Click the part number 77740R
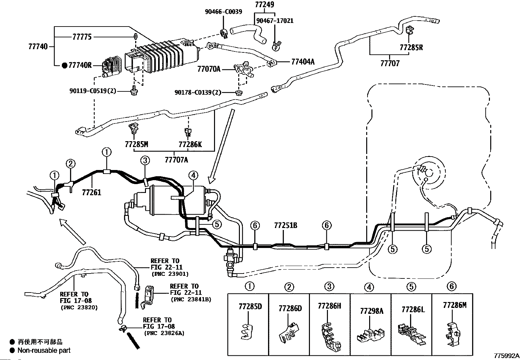coord(80,65)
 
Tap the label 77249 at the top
coord(264,5)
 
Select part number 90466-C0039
coord(224,12)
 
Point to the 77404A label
coord(303,62)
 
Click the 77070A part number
coord(209,69)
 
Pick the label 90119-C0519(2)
coord(93,91)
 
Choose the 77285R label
coord(411,47)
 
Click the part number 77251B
coord(286,225)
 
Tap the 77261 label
coord(92,192)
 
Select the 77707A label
coord(176,160)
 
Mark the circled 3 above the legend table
coord(329,286)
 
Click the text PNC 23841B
coord(191,300)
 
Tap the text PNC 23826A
coord(164,333)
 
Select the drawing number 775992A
coord(507,356)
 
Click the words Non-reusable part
coord(44,351)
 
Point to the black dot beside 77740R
coord(65,66)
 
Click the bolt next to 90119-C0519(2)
coord(134,91)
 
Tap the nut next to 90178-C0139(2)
coord(239,92)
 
